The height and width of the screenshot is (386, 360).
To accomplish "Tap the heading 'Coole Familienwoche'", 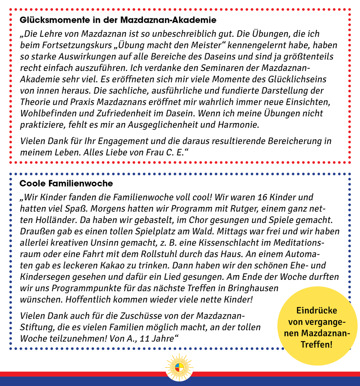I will click(x=66, y=183).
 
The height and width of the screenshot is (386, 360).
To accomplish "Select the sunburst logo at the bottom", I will click(x=179, y=368).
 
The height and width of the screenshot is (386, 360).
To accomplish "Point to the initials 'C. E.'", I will click(x=174, y=152).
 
